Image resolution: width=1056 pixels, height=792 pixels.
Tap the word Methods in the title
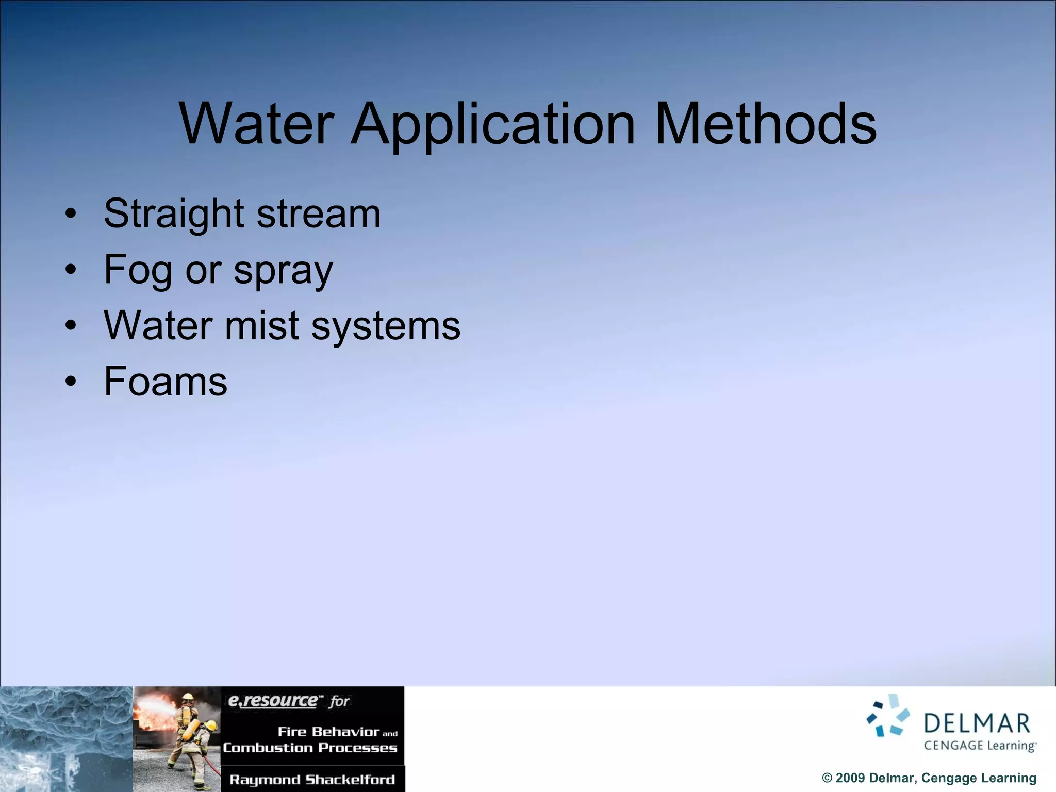[765, 124]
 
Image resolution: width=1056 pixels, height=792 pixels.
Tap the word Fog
[138, 270]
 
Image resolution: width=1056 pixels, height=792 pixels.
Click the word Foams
[166, 381]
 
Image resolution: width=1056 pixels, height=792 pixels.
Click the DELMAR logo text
[977, 724]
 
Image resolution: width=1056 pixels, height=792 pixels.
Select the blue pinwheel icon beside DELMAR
[888, 716]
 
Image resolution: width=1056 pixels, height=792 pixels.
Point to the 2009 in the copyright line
[850, 778]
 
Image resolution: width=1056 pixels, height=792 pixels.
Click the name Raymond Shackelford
[312, 780]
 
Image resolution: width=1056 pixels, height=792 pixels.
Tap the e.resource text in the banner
[273, 701]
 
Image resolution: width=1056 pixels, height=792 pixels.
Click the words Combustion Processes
[310, 748]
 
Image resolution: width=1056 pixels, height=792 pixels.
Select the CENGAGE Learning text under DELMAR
[979, 746]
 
